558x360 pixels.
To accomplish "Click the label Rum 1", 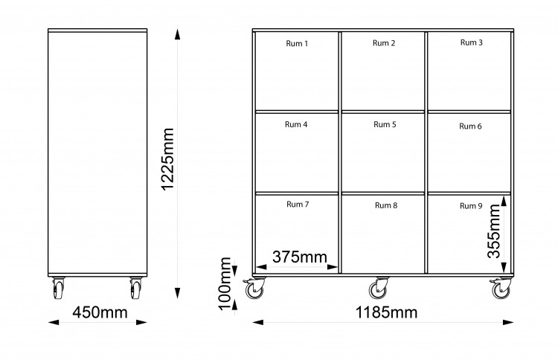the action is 297,43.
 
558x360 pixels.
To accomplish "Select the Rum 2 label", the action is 384,43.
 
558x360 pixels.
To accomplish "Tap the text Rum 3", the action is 471,42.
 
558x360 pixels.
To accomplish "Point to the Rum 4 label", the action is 296,124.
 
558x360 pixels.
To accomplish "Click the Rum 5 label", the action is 385,124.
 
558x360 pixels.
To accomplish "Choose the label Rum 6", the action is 470,126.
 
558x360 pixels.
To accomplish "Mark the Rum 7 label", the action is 298,205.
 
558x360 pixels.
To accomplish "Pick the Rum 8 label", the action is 385,205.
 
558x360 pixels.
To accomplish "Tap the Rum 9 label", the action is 471,205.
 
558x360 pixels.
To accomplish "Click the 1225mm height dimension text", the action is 167,159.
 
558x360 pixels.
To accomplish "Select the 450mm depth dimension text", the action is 100,312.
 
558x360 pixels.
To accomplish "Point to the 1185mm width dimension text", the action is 386,312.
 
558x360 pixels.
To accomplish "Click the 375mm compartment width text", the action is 300,257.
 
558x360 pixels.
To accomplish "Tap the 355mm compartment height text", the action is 494,231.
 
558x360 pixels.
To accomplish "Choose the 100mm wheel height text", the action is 225,283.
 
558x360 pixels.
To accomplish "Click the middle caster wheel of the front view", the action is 379,288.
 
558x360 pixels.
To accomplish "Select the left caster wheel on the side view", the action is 58,288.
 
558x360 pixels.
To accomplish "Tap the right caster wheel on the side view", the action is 135,288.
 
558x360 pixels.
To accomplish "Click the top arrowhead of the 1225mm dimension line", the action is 177,34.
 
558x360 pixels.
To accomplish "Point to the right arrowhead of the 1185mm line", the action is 508,322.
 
